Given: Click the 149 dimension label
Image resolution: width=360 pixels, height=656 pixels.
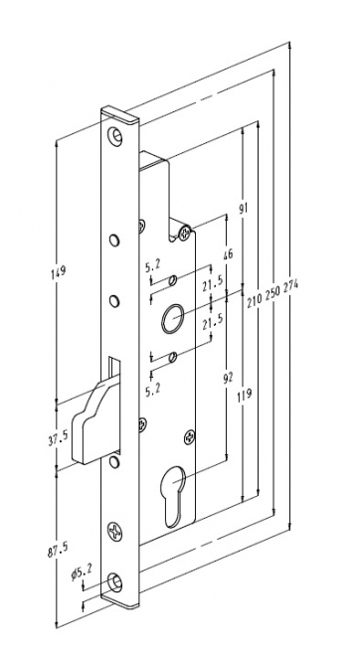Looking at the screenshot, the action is click(x=59, y=271).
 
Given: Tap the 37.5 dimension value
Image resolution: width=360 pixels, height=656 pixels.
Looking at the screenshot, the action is click(x=58, y=438).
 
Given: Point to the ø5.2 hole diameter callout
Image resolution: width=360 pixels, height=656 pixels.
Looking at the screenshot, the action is click(x=82, y=572).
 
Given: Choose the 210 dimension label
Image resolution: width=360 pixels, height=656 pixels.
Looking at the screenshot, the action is click(x=255, y=300).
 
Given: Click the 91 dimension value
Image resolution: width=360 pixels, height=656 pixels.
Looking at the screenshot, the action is click(x=244, y=207).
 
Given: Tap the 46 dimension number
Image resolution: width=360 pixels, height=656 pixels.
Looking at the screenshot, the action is click(x=228, y=253).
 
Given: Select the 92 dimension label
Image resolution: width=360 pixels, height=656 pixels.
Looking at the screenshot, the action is click(x=228, y=379).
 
